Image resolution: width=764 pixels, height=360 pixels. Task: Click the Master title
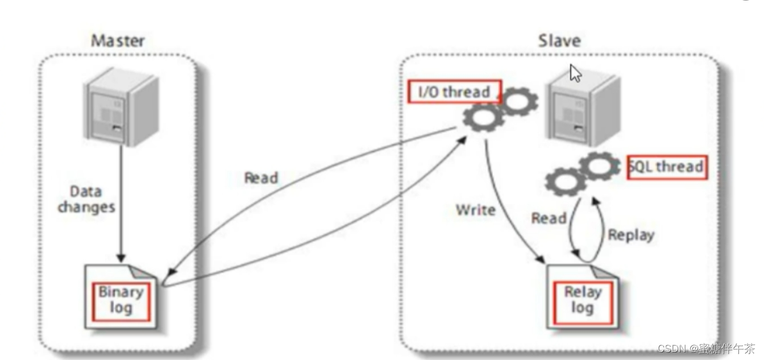(x=118, y=41)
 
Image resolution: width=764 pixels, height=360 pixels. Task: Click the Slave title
(x=559, y=41)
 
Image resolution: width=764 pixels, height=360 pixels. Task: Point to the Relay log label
(x=582, y=300)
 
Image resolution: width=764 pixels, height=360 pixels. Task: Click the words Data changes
(x=86, y=198)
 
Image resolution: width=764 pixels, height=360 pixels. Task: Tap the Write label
(x=475, y=210)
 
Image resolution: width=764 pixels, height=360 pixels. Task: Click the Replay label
(x=631, y=234)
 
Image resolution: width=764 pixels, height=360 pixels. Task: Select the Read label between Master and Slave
(x=261, y=178)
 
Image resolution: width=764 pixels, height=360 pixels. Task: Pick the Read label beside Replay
(x=549, y=218)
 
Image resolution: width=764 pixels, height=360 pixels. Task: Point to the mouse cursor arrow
(x=575, y=73)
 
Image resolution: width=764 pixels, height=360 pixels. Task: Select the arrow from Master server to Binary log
(x=120, y=199)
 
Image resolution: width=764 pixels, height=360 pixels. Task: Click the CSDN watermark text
(x=705, y=348)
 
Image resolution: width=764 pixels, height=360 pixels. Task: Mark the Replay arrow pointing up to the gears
(x=600, y=227)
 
